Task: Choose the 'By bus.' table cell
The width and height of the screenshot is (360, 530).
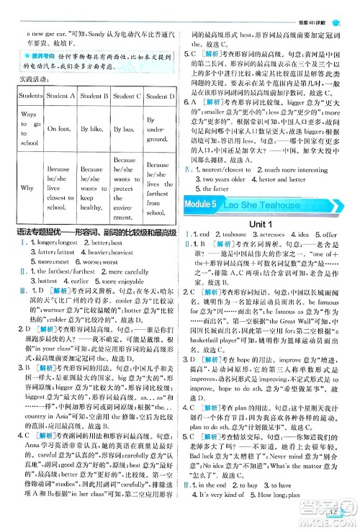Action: [125, 129]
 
